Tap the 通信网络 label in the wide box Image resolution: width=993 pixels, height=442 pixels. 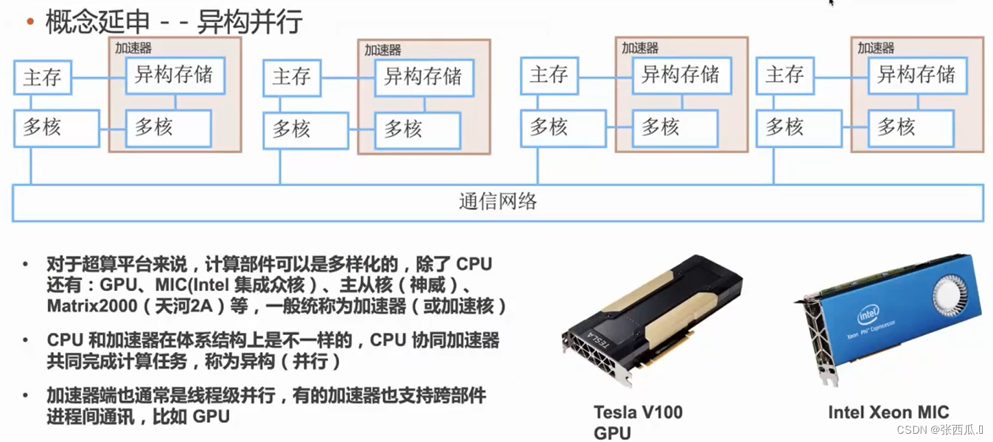(x=497, y=202)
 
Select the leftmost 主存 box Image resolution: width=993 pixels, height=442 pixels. (x=43, y=77)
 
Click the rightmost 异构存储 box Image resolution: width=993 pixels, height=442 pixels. (x=916, y=74)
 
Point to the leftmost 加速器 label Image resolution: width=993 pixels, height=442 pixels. (x=133, y=48)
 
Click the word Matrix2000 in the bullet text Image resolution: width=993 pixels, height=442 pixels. (x=92, y=306)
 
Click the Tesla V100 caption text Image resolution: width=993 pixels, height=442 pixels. (x=638, y=412)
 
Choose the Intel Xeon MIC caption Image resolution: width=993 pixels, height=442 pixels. (x=888, y=412)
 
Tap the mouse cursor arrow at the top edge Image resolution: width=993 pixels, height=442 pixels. (x=832, y=3)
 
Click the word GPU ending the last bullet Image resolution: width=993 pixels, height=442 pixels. (x=211, y=417)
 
